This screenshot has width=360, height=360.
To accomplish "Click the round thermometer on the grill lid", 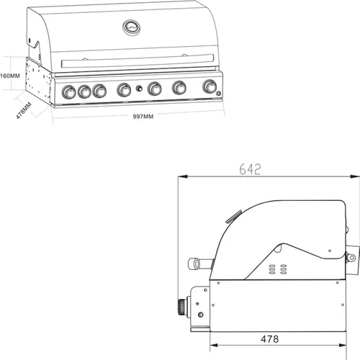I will [132, 27].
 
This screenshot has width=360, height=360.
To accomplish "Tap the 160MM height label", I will [8, 75].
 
